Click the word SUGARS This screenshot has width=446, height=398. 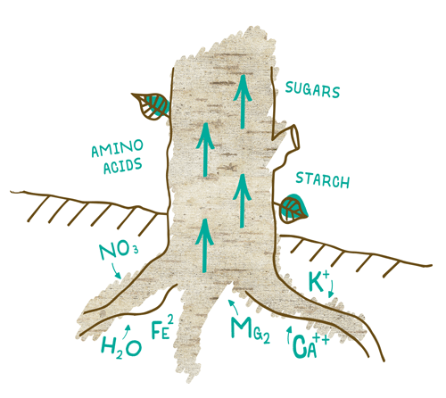click(x=312, y=89)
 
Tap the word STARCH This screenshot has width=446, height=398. click(x=323, y=179)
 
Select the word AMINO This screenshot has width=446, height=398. click(x=117, y=148)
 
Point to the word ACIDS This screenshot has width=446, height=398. click(x=122, y=166)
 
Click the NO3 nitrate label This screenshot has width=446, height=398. click(x=119, y=252)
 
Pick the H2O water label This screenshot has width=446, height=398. click(x=121, y=347)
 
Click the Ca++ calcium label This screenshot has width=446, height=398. click(x=310, y=345)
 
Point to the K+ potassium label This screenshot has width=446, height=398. click(x=317, y=281)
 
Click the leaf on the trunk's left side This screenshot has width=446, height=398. click(x=151, y=106)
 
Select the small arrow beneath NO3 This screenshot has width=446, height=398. click(x=116, y=270)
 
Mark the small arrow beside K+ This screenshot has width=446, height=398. click(x=331, y=288)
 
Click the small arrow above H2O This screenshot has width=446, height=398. click(x=128, y=330)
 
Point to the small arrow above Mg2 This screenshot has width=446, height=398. click(x=234, y=306)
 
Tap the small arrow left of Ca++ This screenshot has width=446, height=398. click(x=289, y=335)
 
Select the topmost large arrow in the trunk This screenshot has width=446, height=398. click(x=243, y=101)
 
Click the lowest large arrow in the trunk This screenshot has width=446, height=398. click(x=204, y=245)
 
